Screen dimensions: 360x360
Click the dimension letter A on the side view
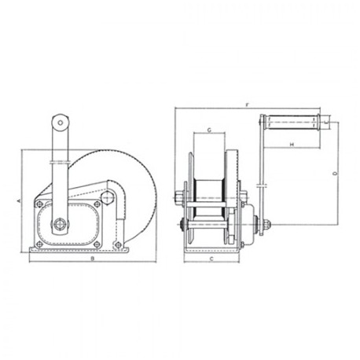(19, 202)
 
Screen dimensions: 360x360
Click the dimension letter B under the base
(92, 257)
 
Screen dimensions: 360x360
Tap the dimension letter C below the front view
(211, 257)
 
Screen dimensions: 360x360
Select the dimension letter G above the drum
(209, 128)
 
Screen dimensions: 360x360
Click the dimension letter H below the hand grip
(291, 145)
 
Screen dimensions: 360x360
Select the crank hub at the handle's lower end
(61, 222)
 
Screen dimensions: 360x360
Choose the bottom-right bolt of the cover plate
(117, 244)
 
